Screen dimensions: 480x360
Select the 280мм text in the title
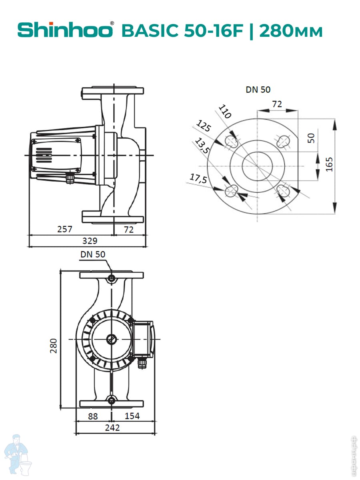[291, 31]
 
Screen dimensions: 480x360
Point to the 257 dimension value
[64, 229]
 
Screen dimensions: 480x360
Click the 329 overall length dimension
[90, 241]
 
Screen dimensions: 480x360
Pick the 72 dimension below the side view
[128, 229]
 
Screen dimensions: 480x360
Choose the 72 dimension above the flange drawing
[277, 104]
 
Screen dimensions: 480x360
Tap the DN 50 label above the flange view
[258, 90]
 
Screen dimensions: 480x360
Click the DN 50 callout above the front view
[93, 254]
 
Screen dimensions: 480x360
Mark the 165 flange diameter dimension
[329, 164]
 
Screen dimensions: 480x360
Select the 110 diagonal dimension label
[225, 112]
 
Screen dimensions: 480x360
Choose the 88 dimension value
[93, 416]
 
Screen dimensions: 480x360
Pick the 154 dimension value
[132, 416]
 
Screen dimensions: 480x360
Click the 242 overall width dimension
[112, 428]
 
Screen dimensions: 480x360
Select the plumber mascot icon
[18, 456]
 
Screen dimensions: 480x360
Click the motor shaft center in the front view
[111, 340]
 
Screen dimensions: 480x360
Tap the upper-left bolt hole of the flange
[232, 141]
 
